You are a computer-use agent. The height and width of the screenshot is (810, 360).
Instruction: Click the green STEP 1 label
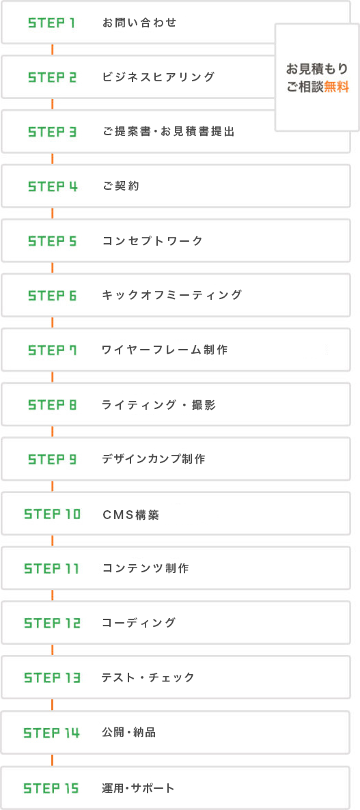tap(52, 23)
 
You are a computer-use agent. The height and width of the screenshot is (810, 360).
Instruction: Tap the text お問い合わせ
tap(139, 23)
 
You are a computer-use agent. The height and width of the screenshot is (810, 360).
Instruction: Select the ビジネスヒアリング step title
tap(158, 77)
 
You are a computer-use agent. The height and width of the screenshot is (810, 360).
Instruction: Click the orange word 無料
tap(337, 87)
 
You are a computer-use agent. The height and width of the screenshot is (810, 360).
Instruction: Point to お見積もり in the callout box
tap(318, 68)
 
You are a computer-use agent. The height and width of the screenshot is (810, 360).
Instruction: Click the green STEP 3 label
tap(52, 132)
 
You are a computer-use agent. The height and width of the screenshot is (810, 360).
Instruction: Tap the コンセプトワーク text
tap(152, 241)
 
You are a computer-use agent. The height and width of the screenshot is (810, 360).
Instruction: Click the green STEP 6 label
tap(52, 296)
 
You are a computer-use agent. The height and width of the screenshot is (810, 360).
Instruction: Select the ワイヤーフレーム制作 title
tap(165, 350)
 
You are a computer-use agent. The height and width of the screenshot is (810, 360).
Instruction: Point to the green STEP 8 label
tap(52, 405)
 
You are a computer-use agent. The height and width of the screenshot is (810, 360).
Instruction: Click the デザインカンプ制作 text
tap(154, 459)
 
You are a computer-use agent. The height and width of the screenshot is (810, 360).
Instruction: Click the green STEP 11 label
tap(52, 569)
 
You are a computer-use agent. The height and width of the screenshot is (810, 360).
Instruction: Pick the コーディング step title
tap(139, 623)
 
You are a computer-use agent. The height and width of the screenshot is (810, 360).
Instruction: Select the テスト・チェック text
tap(148, 678)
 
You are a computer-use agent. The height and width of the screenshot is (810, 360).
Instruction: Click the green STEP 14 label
tap(52, 733)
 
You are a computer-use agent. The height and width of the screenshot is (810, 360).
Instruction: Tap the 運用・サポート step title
tap(139, 788)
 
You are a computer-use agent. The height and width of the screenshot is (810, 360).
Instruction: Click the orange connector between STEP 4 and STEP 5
tap(52, 213)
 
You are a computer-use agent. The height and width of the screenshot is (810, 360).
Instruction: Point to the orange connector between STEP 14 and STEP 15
tap(52, 760)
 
